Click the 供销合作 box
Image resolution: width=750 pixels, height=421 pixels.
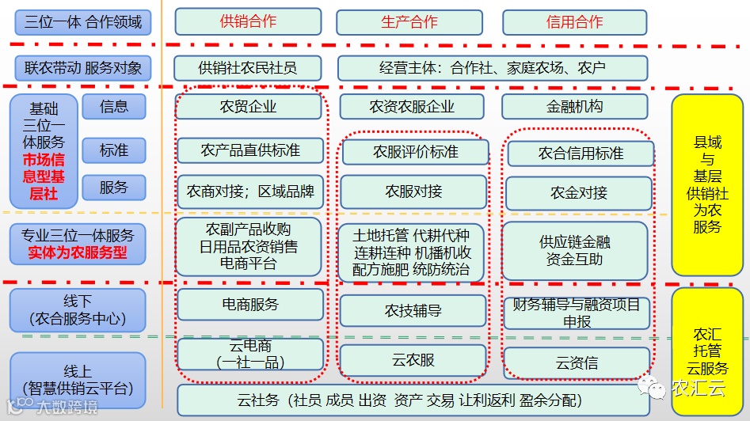(248, 21)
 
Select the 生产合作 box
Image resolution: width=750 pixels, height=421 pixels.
(409, 22)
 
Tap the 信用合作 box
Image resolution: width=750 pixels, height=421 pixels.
(574, 22)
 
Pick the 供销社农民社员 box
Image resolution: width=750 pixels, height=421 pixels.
(248, 68)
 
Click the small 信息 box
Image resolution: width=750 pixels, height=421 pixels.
(114, 106)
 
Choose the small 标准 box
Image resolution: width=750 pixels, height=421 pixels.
(114, 149)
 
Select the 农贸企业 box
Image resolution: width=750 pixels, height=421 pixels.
(248, 107)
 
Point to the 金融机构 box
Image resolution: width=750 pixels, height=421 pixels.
(574, 107)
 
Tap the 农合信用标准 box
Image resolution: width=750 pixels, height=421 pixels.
(581, 154)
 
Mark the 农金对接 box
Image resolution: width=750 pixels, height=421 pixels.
(579, 192)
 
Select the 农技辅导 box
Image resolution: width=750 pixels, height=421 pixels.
(413, 311)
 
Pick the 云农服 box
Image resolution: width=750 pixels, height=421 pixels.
(413, 361)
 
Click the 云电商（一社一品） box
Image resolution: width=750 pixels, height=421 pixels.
(249, 354)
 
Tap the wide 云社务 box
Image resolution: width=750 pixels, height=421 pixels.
(412, 400)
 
